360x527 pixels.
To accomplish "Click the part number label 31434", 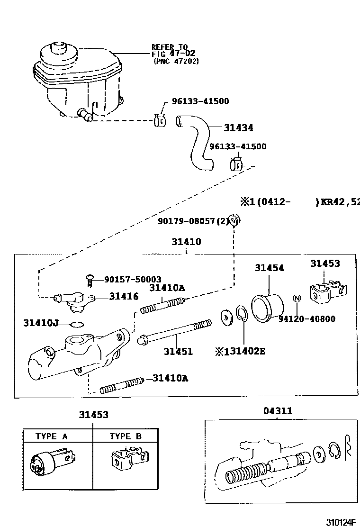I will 238,128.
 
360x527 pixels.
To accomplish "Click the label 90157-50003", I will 133,280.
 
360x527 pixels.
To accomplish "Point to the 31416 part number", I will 124,296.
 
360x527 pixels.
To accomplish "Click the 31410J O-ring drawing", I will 76,325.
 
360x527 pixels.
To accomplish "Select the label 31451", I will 178,351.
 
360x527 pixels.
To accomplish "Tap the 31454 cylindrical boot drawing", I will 267,308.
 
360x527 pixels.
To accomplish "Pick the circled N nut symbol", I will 297,299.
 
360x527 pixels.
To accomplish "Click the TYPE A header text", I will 52,436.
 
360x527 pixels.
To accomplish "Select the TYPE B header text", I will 126,436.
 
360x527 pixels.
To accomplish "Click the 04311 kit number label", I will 278,411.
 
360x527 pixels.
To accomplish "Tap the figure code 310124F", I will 340,522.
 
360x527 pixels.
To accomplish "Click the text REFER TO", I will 169,46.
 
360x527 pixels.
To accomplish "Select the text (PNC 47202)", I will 176,61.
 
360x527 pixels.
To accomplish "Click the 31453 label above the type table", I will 93,415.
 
